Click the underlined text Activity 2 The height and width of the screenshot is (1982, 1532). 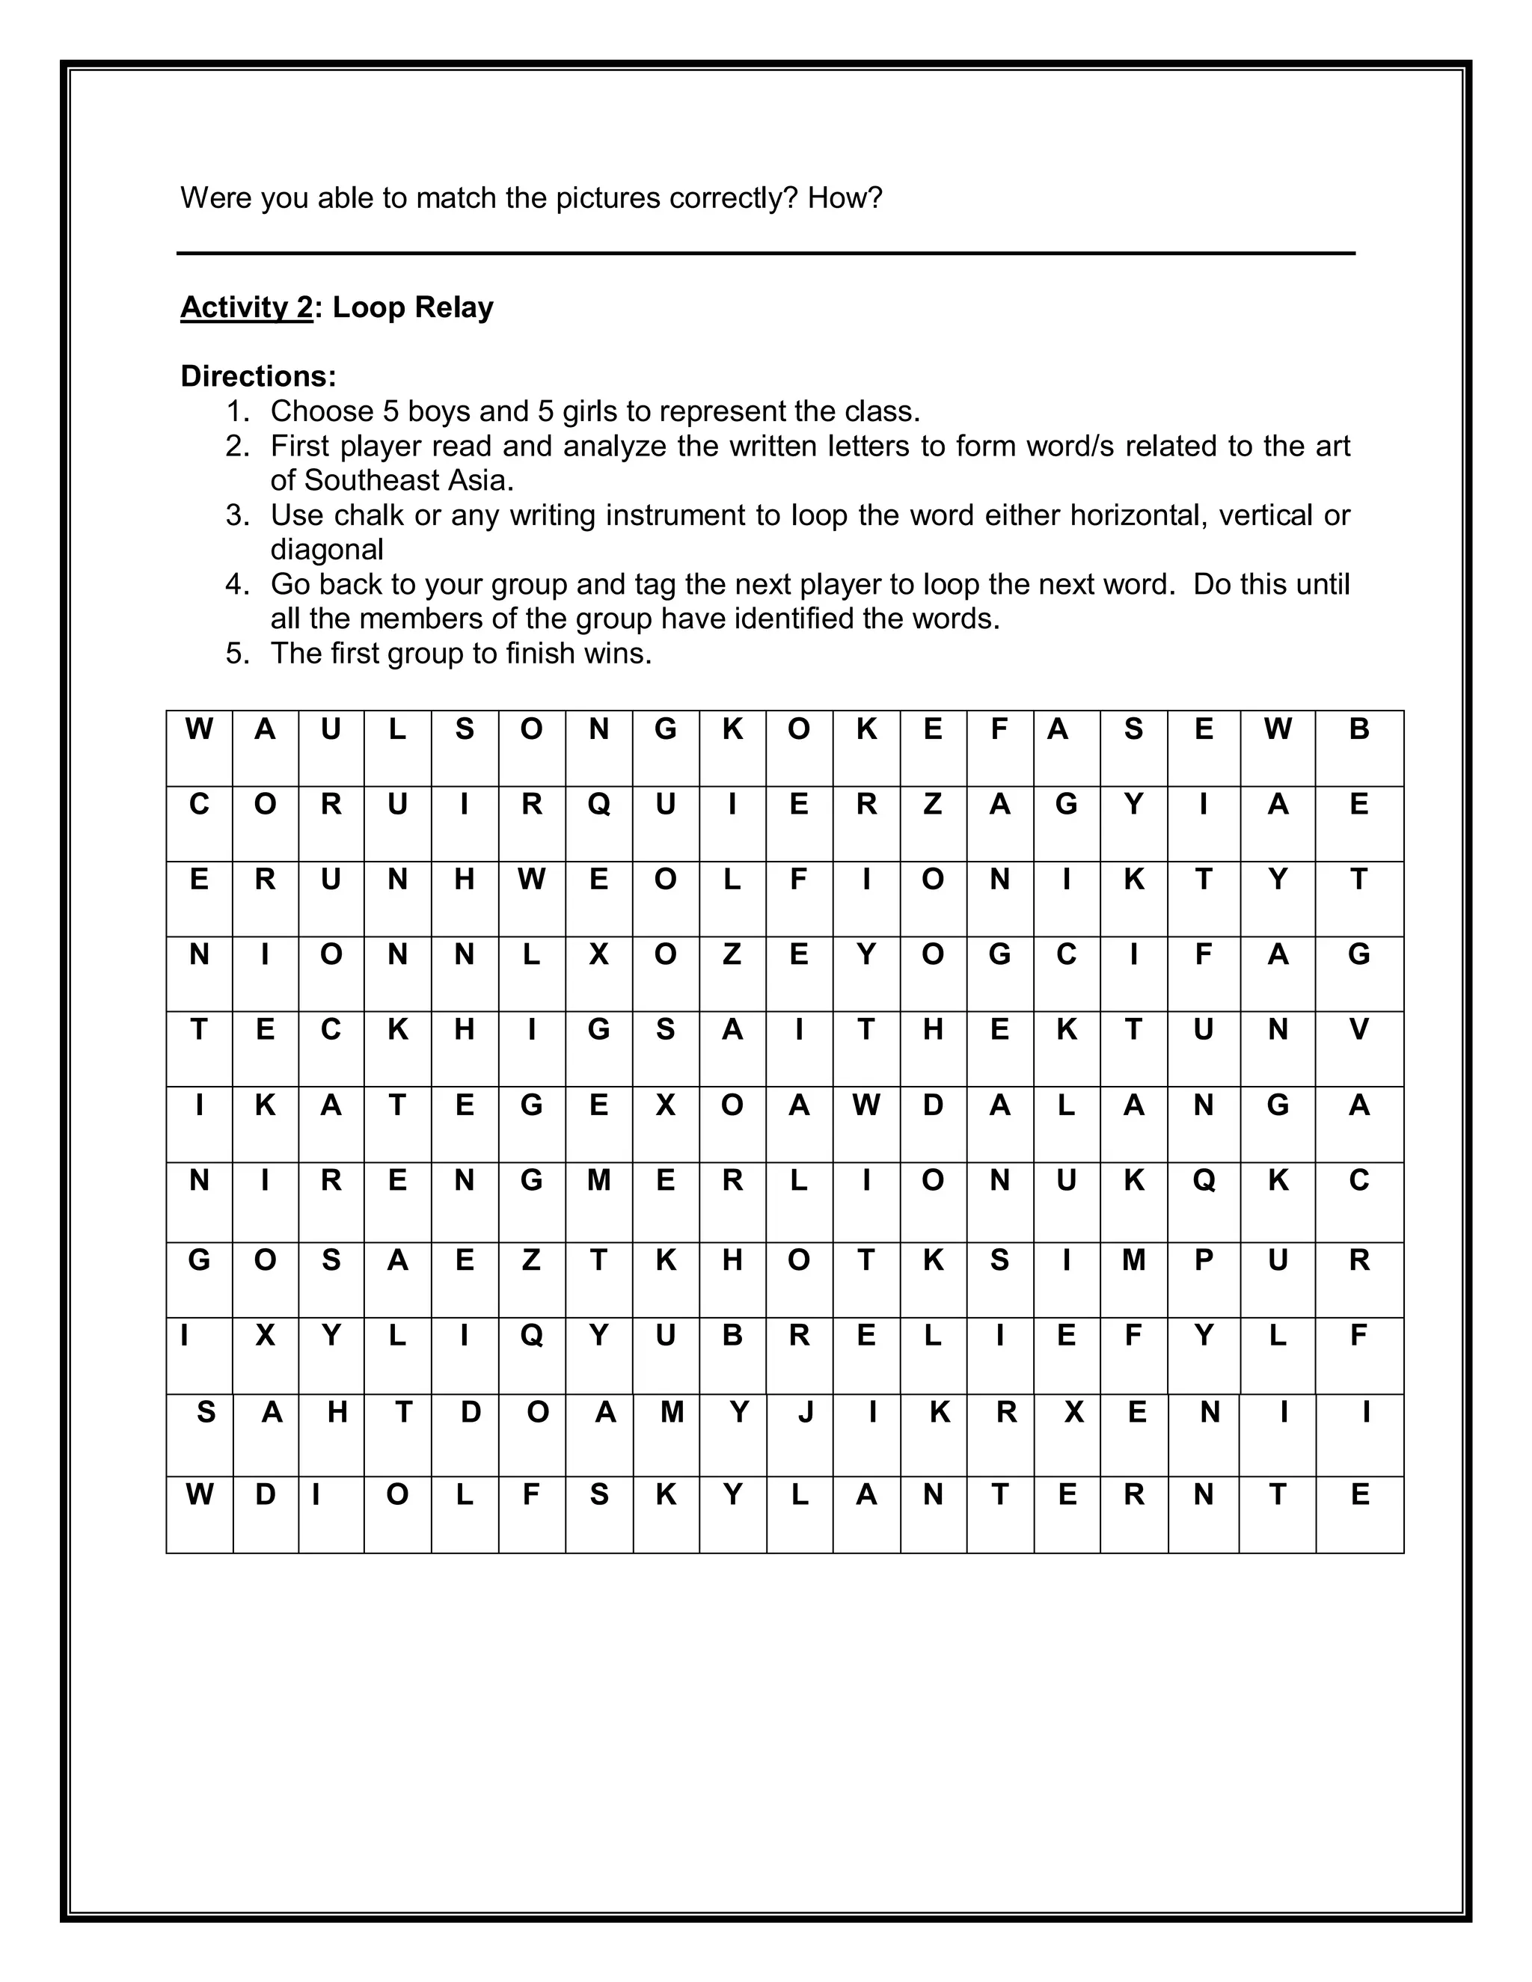pos(246,307)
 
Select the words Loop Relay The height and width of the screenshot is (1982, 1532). pos(413,307)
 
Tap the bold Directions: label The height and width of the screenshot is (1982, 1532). pos(259,375)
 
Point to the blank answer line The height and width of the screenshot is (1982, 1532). pos(765,254)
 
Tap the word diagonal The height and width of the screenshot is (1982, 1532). pos(327,550)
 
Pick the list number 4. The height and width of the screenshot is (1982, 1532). pos(237,584)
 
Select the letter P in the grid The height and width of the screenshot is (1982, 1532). pos(1204,1260)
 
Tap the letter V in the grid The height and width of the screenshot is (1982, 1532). pos(1358,1030)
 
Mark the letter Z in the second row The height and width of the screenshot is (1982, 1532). pos(933,804)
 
